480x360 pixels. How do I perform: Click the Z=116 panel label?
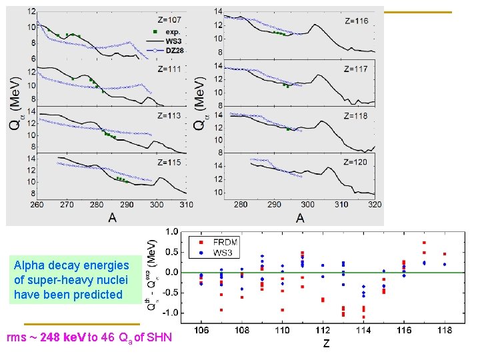[x=356, y=21]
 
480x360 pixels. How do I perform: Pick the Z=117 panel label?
[x=356, y=69]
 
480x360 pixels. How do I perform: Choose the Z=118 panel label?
[x=356, y=115]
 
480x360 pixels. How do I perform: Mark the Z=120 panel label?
[x=356, y=161]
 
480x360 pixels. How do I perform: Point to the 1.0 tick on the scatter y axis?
[x=171, y=232]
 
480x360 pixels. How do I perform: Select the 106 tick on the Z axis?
[x=201, y=329]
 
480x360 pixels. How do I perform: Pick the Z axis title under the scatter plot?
[x=326, y=343]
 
